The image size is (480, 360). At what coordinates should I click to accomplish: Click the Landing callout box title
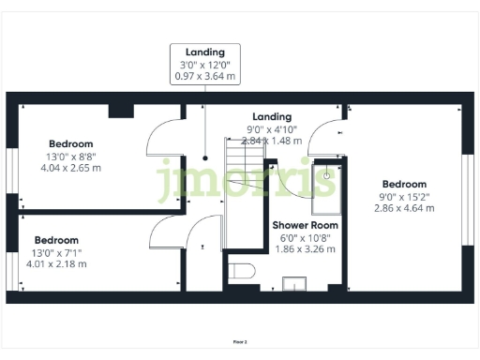pos(204,52)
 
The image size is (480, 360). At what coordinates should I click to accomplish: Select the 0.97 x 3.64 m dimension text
pos(204,77)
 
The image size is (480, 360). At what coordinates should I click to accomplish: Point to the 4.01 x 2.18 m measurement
pos(57,264)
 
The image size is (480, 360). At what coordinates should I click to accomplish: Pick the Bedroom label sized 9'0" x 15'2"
pos(403,184)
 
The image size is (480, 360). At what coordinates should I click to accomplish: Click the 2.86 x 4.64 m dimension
pos(403,208)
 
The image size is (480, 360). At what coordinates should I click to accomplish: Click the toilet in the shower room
pos(243,273)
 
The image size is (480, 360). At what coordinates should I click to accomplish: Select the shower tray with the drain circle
pos(325,183)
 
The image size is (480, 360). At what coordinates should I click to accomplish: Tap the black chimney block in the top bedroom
pos(121,111)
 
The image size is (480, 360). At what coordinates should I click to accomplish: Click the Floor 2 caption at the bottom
pos(240,343)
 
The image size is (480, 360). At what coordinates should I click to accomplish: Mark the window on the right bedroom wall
pos(467,187)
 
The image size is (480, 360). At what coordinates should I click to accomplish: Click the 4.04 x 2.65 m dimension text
pos(70,168)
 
